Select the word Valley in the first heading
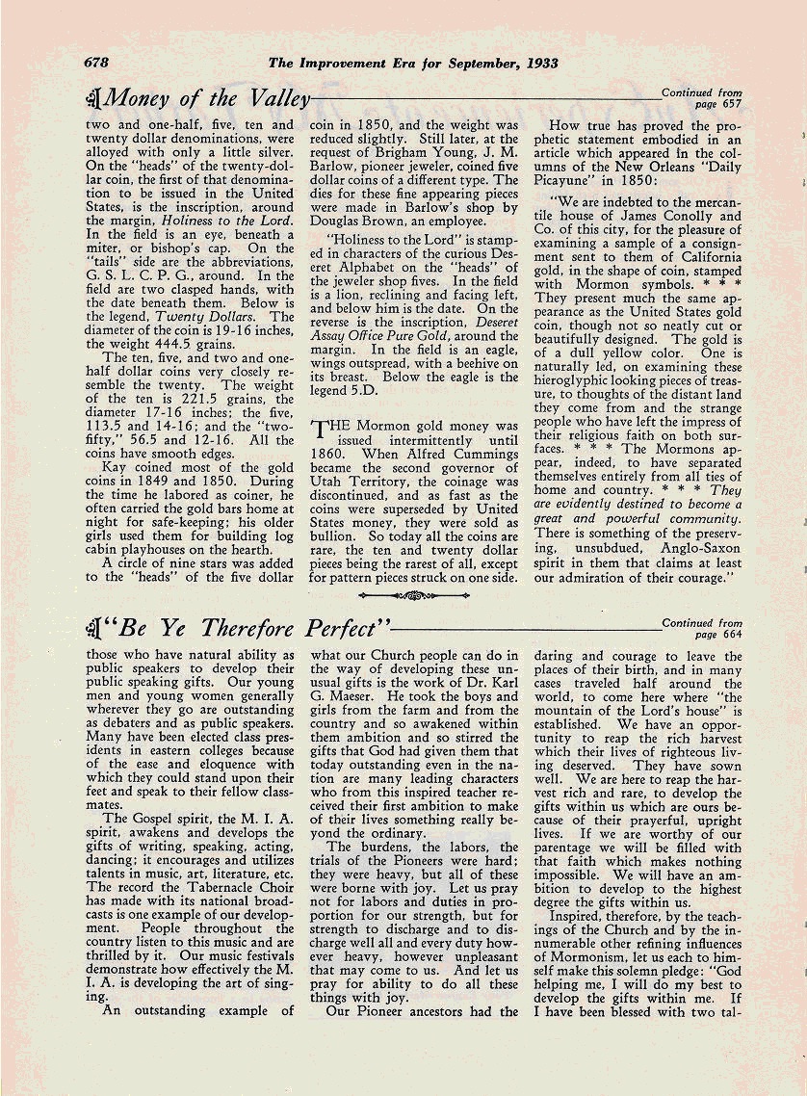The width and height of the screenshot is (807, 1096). point(277,97)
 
